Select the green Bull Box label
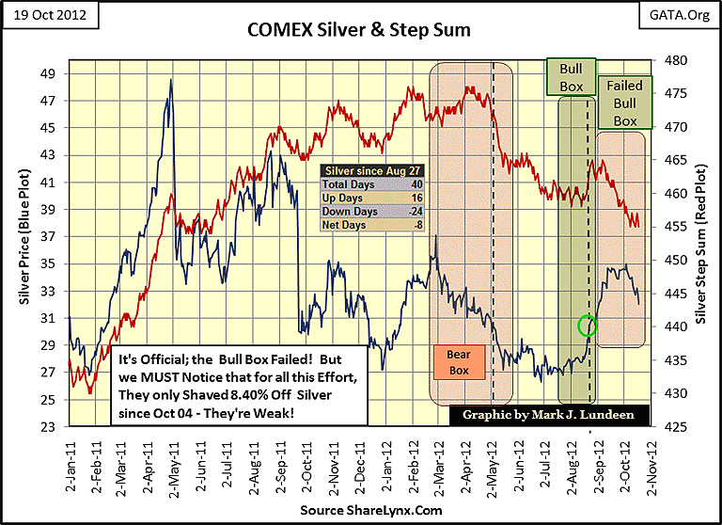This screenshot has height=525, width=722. [572, 78]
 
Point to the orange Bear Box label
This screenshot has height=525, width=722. [458, 363]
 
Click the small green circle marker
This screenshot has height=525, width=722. [589, 326]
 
